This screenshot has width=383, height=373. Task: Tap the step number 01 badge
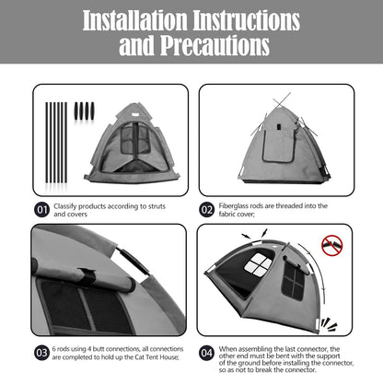[41, 209]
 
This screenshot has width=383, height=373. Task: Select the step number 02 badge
[208, 209]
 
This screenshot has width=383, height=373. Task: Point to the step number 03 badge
[41, 352]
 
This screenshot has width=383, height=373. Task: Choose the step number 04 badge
[208, 352]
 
